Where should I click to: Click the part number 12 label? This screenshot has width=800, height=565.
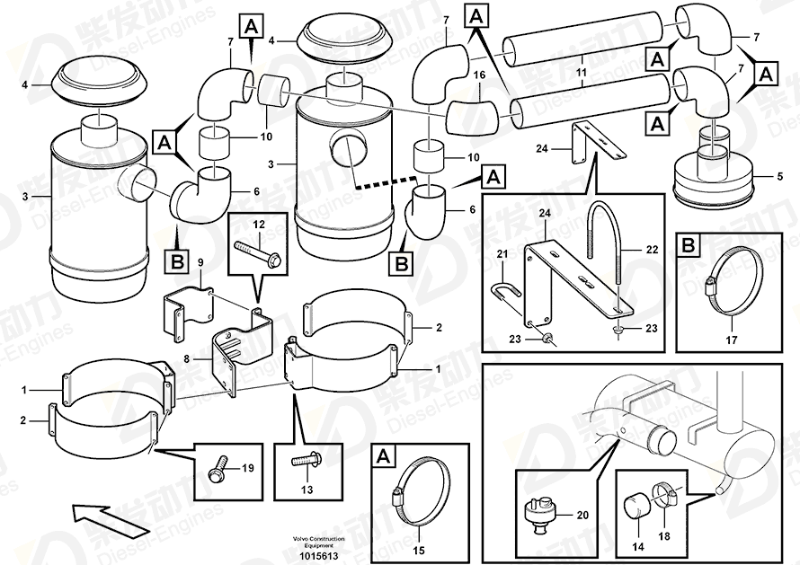(258, 223)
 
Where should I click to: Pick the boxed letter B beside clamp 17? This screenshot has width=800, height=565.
(688, 245)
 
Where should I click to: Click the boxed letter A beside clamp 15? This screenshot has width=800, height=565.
(383, 456)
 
